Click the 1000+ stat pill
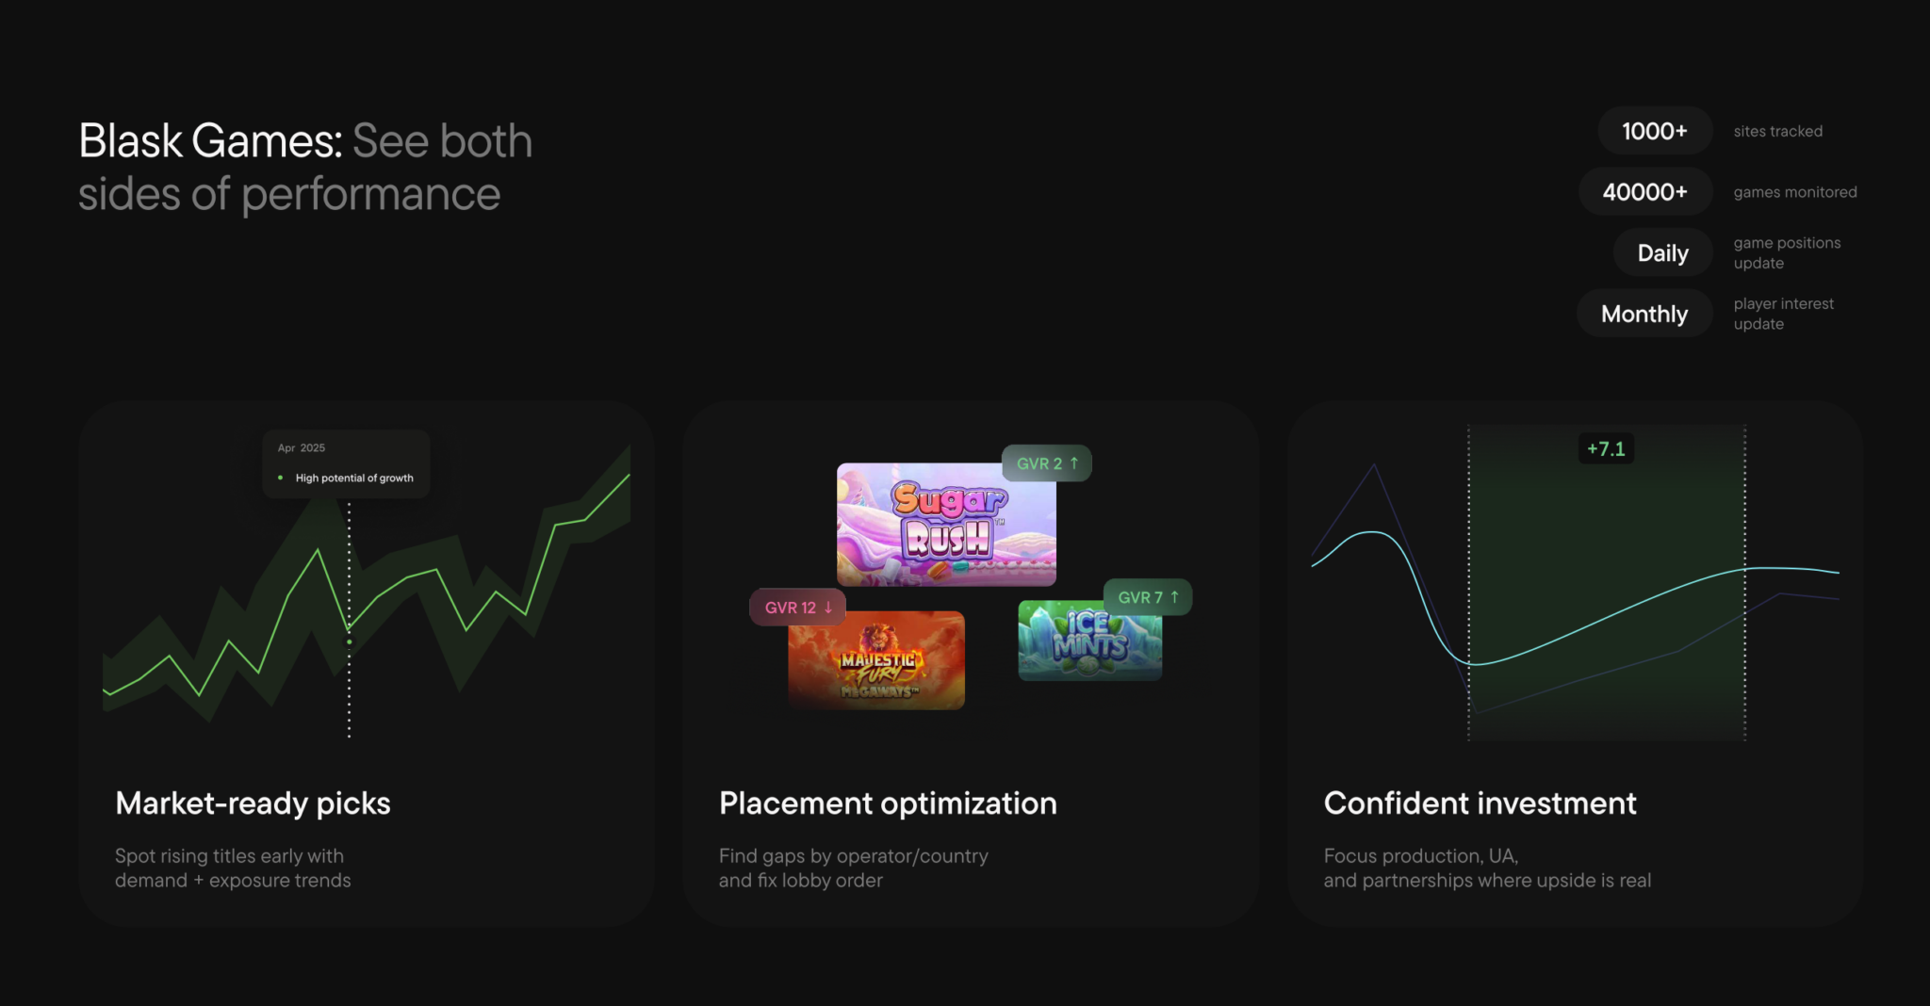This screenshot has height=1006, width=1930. point(1655,131)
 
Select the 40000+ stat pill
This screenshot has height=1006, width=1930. point(1645,192)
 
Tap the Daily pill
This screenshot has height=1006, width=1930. point(1662,253)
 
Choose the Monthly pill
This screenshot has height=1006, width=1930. point(1644,314)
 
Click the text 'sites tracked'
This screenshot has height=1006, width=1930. point(1777,132)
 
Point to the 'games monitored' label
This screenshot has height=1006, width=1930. point(1795,192)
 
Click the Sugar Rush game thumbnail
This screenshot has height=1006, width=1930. point(946,525)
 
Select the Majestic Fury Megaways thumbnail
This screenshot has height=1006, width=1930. point(876,660)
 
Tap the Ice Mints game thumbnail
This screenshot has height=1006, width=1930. point(1090,641)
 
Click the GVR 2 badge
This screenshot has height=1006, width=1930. point(1047,463)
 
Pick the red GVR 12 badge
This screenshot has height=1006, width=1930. point(798,608)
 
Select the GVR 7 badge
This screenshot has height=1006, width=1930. point(1148,597)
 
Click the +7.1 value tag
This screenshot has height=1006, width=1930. point(1606,449)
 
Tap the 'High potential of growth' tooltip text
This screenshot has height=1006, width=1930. point(354,479)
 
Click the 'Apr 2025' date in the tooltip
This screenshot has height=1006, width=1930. point(302,448)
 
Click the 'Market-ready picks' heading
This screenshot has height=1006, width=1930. point(253,803)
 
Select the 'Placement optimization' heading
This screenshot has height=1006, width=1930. point(888,803)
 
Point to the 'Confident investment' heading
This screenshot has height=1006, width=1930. point(1480,803)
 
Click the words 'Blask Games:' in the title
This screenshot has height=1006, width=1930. point(210,141)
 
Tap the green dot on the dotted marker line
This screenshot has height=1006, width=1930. point(350,641)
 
